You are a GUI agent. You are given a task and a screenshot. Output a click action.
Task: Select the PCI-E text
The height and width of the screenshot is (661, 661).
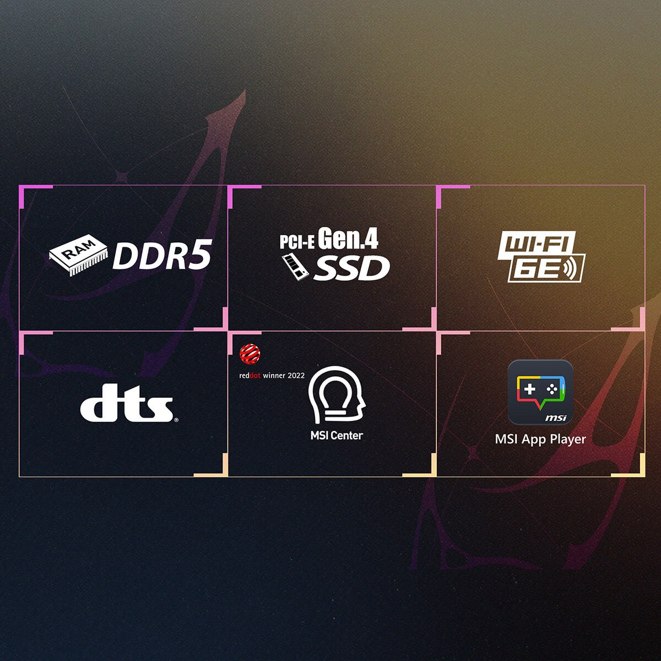[297, 242]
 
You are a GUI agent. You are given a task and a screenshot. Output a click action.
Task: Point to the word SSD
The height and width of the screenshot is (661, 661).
[352, 268]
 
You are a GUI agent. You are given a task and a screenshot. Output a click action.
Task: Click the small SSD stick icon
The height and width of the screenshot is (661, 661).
[295, 267]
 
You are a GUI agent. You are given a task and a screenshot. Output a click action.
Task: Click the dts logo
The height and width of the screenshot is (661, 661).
[127, 403]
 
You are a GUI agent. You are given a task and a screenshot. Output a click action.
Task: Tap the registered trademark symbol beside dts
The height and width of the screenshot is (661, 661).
[176, 420]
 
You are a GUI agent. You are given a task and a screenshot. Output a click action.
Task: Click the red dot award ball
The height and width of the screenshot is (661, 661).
[250, 354]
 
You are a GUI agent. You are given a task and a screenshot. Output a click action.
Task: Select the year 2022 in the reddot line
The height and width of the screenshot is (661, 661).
[296, 376]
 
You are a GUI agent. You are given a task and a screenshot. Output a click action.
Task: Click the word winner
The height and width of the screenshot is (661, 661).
[274, 376]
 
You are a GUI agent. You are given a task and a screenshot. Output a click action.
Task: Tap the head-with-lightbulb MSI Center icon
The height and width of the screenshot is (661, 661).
[337, 395]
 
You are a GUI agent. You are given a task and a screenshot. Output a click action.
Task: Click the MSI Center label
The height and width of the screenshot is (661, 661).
[337, 436]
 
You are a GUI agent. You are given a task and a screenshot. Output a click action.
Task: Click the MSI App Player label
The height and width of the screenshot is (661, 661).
[540, 440]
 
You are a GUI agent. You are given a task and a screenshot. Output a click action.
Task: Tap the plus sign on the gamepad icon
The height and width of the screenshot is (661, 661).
[529, 389]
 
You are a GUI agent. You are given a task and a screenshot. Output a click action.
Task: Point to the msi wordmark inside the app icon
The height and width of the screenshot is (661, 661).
[556, 418]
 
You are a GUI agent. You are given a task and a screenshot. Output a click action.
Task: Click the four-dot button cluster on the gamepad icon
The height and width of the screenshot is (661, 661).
[551, 389]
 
